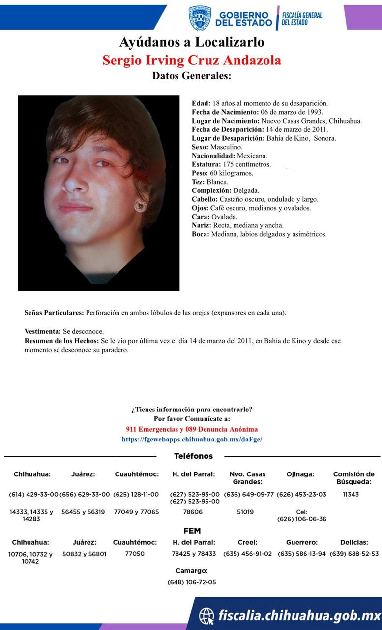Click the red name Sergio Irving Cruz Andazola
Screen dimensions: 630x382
click(x=192, y=60)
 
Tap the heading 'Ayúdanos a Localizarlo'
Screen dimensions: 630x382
click(x=192, y=42)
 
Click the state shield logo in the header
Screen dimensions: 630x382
click(x=200, y=18)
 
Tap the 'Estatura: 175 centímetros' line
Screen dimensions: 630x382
click(x=231, y=164)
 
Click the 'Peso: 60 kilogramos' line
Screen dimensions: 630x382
click(x=222, y=173)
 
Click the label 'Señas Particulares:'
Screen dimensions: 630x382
click(x=54, y=313)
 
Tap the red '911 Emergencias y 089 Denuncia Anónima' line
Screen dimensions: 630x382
click(x=192, y=429)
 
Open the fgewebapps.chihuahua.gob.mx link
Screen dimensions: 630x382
click(x=192, y=439)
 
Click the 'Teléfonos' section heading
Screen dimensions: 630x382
click(x=194, y=456)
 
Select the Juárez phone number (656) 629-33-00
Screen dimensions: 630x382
click(x=84, y=494)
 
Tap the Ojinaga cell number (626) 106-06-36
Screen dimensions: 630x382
click(x=301, y=519)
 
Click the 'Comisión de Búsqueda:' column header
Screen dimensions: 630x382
click(x=353, y=478)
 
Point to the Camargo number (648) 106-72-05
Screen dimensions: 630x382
click(x=192, y=582)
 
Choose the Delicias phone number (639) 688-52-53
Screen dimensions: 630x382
click(x=354, y=553)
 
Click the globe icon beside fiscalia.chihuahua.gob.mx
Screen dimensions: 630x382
click(x=206, y=615)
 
